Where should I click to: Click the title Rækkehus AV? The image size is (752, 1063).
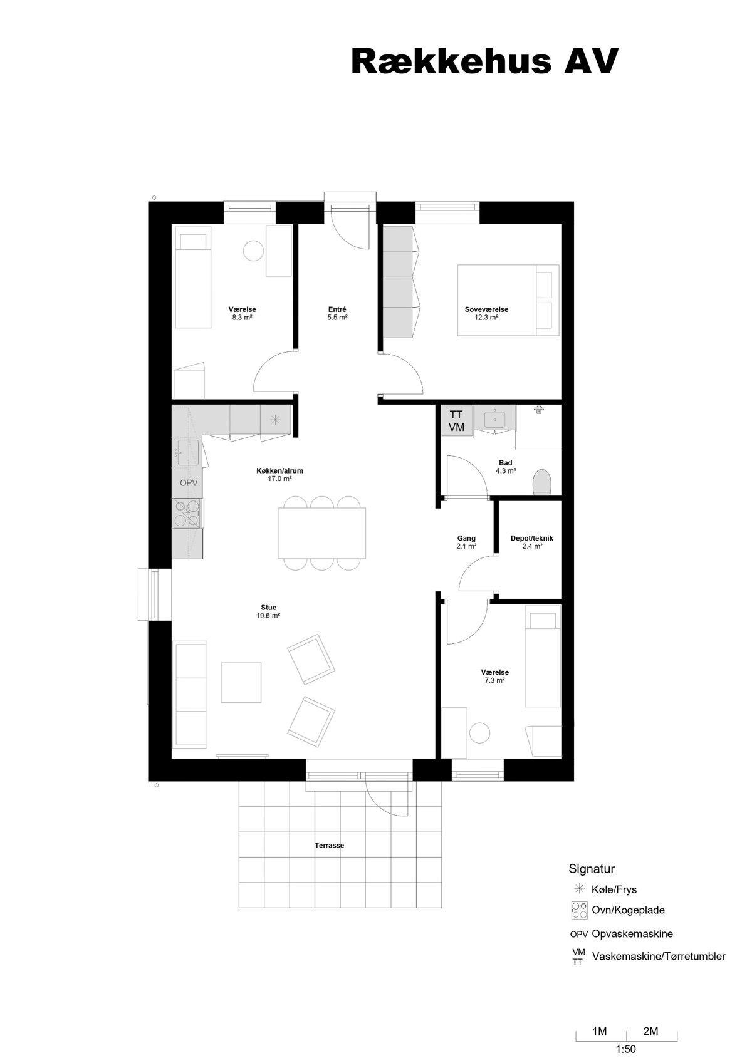point(484,61)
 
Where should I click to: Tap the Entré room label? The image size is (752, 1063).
point(337,309)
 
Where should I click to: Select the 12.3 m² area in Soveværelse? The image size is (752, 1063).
point(486,318)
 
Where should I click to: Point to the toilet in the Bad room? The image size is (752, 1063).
point(541,482)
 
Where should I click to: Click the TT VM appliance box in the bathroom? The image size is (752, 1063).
point(457,420)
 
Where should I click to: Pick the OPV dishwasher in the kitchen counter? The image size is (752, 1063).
point(188,482)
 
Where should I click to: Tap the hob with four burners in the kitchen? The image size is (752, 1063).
point(187,514)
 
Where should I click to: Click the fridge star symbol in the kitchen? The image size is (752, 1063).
point(275,420)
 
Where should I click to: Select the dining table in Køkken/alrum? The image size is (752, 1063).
point(322,533)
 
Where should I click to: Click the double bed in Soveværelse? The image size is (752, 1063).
point(508,301)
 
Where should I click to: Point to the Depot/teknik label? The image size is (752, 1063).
point(531,538)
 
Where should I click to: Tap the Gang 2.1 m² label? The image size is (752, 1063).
point(466,542)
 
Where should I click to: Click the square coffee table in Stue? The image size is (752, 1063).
point(241,682)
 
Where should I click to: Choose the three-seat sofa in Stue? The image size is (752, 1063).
point(191,694)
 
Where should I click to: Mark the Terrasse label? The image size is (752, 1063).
point(330,845)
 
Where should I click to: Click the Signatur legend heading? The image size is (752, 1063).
point(592,869)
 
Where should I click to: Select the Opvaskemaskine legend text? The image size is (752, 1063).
point(632,933)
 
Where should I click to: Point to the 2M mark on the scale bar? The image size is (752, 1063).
point(650,1030)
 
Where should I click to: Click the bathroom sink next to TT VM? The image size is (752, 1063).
point(494,419)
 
